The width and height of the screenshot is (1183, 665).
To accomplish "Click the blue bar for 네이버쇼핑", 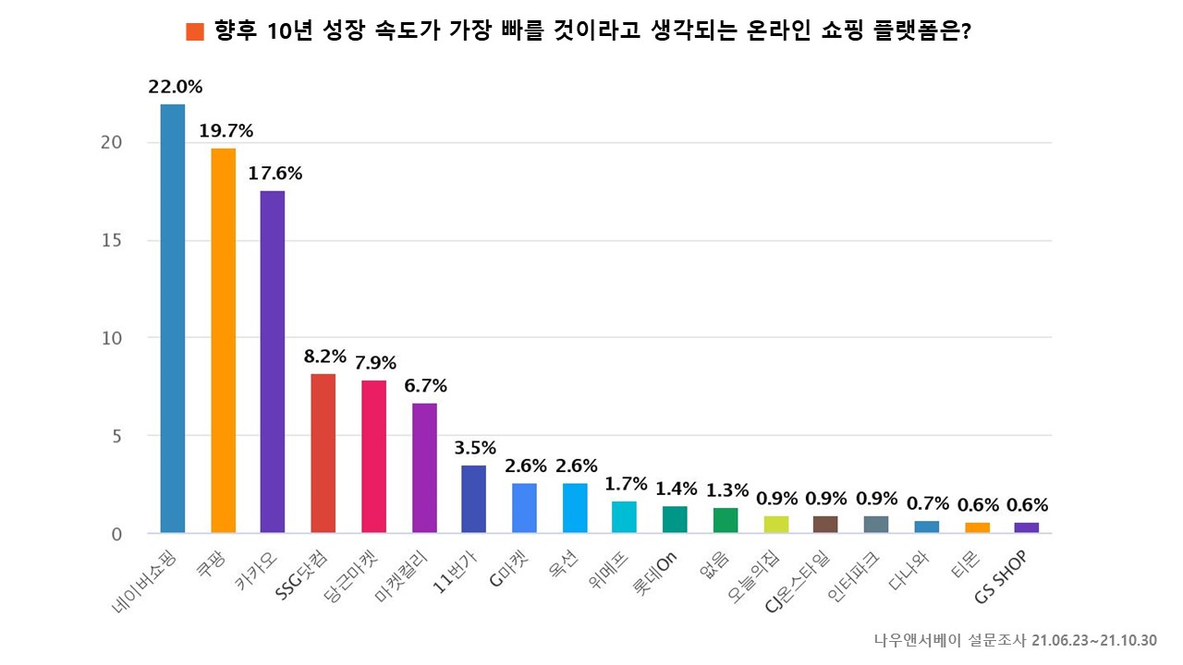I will (x=173, y=319).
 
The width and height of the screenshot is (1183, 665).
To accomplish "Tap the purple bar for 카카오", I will (x=273, y=361).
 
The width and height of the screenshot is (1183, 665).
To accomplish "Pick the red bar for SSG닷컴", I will (x=323, y=453).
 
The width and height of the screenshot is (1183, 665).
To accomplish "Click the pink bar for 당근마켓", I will (x=373, y=456).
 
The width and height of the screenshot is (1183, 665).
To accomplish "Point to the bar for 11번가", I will (x=473, y=499).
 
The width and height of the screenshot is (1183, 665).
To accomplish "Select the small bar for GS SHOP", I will (x=1026, y=527).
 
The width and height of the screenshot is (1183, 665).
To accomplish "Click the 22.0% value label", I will (x=175, y=87).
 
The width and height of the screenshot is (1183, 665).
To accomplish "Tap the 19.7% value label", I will (x=226, y=131).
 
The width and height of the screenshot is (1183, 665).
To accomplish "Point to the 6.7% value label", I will (x=425, y=385).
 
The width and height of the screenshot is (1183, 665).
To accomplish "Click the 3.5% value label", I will (x=475, y=448).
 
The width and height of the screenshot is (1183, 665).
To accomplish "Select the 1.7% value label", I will (x=626, y=483).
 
